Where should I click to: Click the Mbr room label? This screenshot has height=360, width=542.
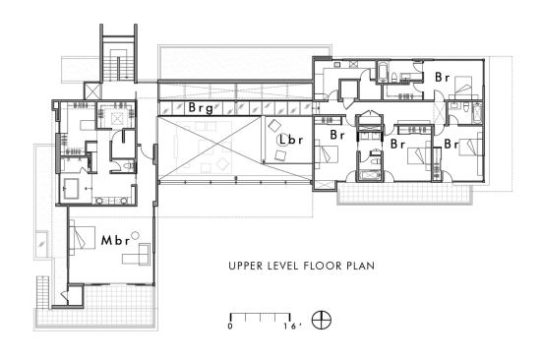pyautogui.click(x=115, y=240)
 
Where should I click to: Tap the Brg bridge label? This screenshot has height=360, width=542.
pyautogui.click(x=201, y=108)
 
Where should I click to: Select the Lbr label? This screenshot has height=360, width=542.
pyautogui.click(x=291, y=140)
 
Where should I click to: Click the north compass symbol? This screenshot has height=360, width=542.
pyautogui.click(x=322, y=320)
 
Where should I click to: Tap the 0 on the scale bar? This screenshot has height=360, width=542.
pyautogui.click(x=230, y=327)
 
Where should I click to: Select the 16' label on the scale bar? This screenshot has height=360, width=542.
pyautogui.click(x=292, y=327)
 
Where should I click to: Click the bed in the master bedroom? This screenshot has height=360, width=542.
pyautogui.click(x=82, y=238)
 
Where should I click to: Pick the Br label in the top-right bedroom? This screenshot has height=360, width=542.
pyautogui.click(x=443, y=77)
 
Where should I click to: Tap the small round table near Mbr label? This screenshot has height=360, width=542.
pyautogui.click(x=135, y=235)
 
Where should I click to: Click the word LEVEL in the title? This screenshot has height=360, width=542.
pyautogui.click(x=283, y=266)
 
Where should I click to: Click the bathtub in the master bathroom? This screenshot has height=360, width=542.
pyautogui.click(x=72, y=188)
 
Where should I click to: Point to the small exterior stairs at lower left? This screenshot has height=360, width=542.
pyautogui.click(x=42, y=291)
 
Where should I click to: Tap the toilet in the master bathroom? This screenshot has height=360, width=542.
pyautogui.click(x=128, y=166)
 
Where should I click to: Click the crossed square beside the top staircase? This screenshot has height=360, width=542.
pyautogui.click(x=91, y=90)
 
